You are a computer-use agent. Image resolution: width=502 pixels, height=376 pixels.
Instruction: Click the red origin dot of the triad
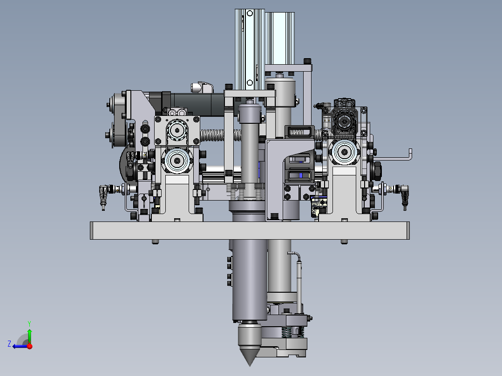coord(30,346)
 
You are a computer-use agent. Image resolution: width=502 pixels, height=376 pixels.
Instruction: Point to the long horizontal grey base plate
coord(250,230)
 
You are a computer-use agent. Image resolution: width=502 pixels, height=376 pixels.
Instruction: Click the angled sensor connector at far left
coord(103,196)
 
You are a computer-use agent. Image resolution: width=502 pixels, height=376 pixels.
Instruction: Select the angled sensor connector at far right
coord(405,196)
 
